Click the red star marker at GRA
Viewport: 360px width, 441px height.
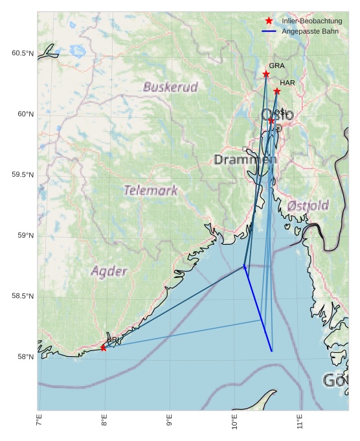[x=266, y=74]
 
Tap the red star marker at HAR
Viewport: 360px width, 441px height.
[x=276, y=91]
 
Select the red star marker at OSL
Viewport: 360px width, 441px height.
[x=271, y=120]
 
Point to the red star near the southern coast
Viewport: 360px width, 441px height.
[x=104, y=348]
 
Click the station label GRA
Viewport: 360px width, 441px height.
[x=276, y=66]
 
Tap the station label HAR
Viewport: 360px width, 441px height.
[x=287, y=83]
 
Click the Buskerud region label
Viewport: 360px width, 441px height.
[x=170, y=87]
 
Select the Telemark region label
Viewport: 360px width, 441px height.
[x=150, y=190]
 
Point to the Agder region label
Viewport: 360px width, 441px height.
[x=109, y=271]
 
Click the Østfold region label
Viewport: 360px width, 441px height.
[x=308, y=206]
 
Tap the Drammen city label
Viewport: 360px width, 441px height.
[x=245, y=159]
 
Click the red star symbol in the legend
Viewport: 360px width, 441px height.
[x=269, y=21]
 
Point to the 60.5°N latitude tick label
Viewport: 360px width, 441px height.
[x=23, y=54]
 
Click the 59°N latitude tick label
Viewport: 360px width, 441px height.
[x=25, y=236]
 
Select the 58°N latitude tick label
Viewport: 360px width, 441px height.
[x=25, y=357]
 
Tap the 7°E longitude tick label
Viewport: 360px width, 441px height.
[x=39, y=422]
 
